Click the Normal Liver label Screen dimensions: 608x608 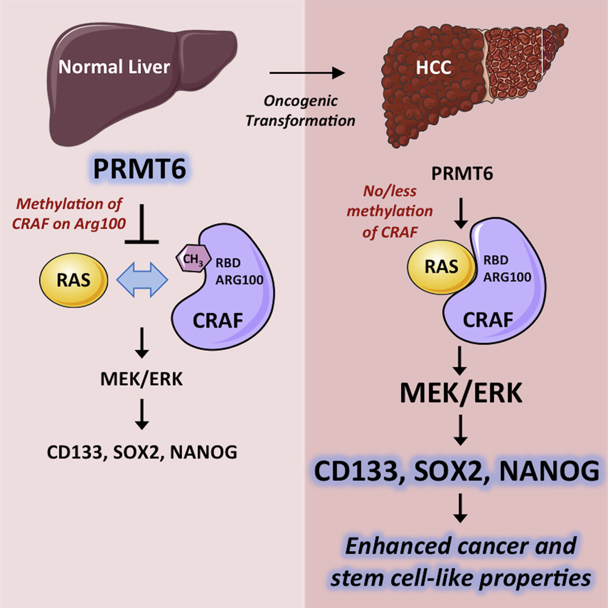(114, 66)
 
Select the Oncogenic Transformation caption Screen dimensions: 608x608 (300, 110)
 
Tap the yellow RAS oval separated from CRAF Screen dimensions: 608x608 (73, 281)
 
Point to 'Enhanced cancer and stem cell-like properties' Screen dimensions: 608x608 (461, 560)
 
